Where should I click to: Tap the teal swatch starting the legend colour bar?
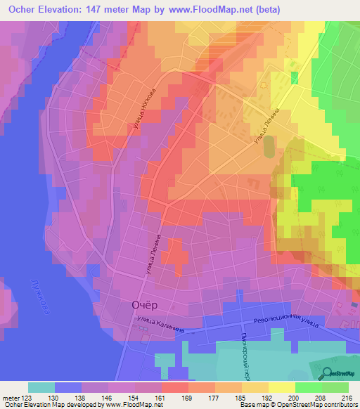(41, 387)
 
